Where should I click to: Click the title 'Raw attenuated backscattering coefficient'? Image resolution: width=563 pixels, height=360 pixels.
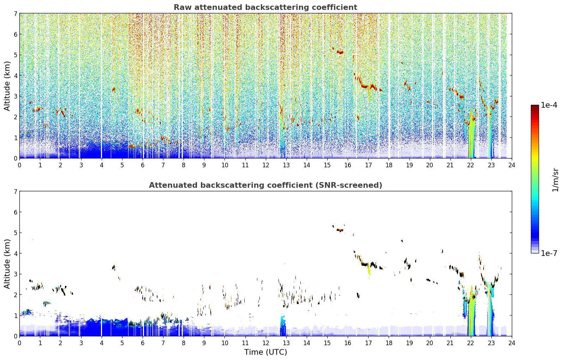click(265, 7)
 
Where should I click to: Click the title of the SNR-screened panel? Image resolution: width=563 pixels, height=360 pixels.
click(265, 185)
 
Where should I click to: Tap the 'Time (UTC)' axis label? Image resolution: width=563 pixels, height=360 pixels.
click(265, 352)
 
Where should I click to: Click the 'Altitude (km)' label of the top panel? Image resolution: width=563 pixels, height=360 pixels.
click(7, 86)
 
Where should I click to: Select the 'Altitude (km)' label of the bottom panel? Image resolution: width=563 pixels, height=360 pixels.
click(7, 264)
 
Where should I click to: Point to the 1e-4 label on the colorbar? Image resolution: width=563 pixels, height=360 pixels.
click(549, 105)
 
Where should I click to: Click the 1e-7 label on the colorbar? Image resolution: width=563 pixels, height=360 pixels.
click(549, 253)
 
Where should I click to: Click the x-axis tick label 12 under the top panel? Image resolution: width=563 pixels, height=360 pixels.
click(266, 165)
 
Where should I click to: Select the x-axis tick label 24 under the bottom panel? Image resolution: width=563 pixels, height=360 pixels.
click(512, 343)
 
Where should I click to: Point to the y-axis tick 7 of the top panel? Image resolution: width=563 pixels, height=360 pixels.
click(16, 13)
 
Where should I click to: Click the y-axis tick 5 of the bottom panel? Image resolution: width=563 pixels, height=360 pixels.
click(16, 233)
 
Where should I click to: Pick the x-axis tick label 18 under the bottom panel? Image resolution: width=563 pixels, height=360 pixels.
click(389, 343)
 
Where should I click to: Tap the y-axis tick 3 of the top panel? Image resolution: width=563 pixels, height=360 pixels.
click(16, 96)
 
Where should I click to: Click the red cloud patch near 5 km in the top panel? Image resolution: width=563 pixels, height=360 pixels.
click(340, 52)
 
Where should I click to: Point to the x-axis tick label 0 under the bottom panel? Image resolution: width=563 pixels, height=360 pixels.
click(20, 343)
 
